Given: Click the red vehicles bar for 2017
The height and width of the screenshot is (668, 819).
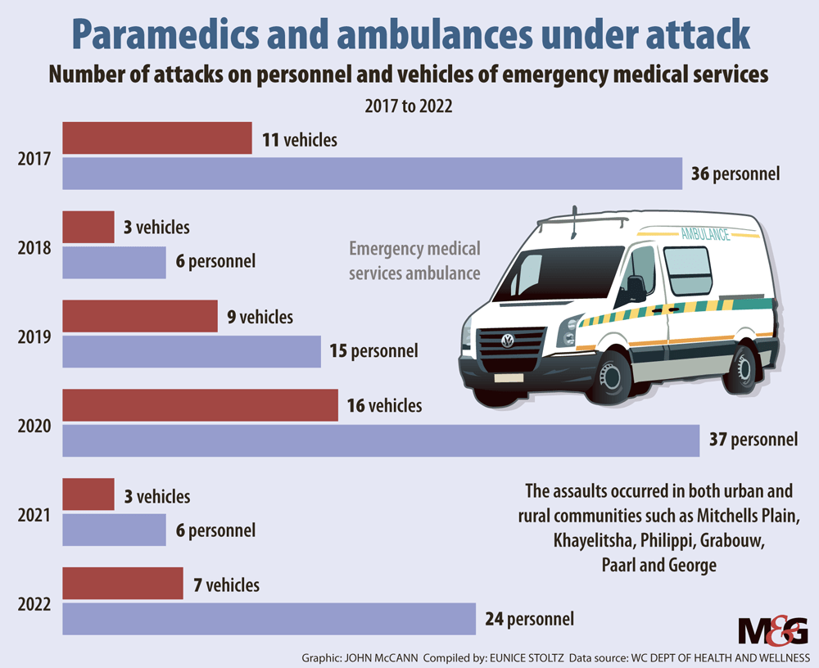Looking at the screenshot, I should (157, 138).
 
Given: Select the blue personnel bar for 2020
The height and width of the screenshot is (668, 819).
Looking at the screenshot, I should (382, 440).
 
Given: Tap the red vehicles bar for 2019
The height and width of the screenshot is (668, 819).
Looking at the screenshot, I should (140, 316).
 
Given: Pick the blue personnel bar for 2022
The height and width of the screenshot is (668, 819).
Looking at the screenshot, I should (269, 618).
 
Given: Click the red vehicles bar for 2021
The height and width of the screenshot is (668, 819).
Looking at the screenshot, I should (88, 494).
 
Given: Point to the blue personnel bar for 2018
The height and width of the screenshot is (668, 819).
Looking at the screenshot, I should (115, 262).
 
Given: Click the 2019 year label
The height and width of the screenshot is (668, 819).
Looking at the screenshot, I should (35, 336).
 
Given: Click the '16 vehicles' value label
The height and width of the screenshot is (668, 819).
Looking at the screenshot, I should (384, 405).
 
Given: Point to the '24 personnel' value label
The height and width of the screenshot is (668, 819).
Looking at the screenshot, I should (527, 619).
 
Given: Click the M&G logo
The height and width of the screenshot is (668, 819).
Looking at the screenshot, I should (772, 633).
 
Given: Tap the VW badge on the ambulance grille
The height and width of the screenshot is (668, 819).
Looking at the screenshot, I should (507, 341).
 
